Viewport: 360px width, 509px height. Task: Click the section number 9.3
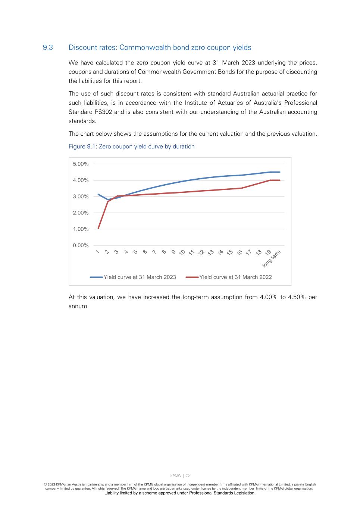point(48,48)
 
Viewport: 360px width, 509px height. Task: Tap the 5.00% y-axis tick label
point(81,164)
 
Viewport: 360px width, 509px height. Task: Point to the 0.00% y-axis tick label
point(81,245)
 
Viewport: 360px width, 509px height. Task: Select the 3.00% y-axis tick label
point(81,197)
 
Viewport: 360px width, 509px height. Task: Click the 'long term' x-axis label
point(272,258)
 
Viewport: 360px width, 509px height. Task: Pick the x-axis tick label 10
point(182,252)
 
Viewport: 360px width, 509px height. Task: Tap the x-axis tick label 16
point(239,252)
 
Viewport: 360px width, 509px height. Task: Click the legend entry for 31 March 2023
point(140,277)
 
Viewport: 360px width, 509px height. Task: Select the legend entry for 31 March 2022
point(235,277)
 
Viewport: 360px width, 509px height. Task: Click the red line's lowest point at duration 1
point(98,228)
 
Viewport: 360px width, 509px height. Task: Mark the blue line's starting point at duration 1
point(98,194)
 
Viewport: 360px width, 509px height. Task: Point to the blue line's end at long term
point(279,172)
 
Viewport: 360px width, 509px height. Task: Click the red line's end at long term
point(279,180)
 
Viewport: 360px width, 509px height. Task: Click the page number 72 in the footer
point(188,476)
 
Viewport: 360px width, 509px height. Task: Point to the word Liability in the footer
point(113,493)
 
